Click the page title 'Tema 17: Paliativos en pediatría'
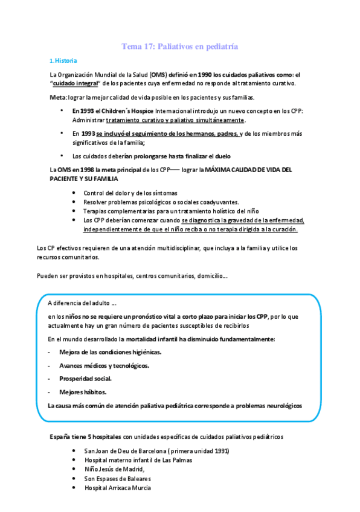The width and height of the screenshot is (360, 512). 179,46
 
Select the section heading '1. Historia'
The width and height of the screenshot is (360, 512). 62,61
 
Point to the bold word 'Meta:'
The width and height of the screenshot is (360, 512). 59,98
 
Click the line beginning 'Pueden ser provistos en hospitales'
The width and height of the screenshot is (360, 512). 132,276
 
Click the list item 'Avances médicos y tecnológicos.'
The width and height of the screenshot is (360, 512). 104,365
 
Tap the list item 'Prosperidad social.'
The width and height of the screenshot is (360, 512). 85,379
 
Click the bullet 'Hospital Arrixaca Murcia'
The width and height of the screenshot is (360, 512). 118,487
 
